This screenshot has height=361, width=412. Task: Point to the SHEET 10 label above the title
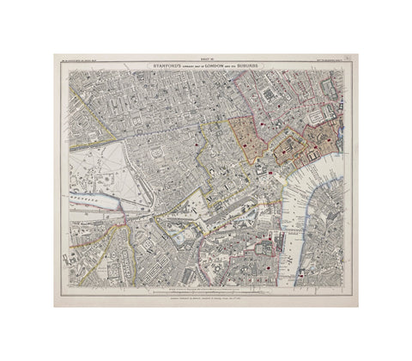click(x=206, y=57)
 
